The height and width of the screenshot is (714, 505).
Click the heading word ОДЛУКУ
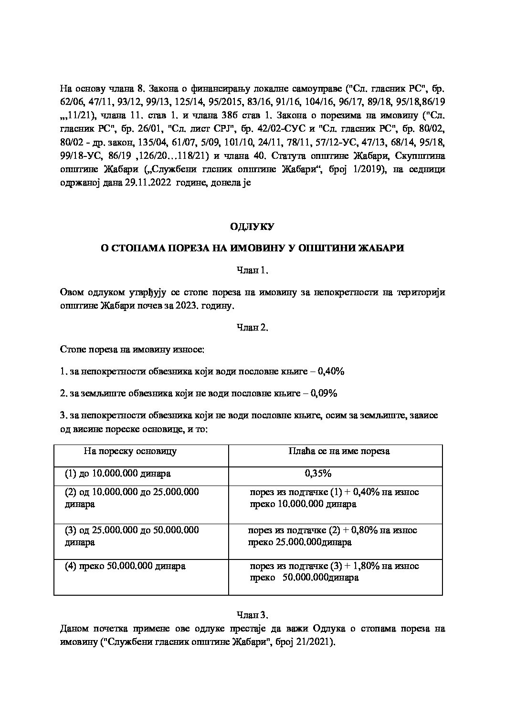click(x=252, y=227)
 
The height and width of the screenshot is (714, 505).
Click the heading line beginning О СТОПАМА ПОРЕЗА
click(x=252, y=248)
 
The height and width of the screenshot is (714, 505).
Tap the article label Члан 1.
click(x=252, y=271)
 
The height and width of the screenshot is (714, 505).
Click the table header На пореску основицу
click(x=130, y=451)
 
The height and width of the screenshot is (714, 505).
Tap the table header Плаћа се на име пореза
click(x=339, y=451)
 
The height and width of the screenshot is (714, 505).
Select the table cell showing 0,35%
click(x=318, y=474)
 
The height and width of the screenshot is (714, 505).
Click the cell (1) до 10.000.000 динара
click(x=118, y=474)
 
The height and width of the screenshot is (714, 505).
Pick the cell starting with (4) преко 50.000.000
click(x=125, y=566)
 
